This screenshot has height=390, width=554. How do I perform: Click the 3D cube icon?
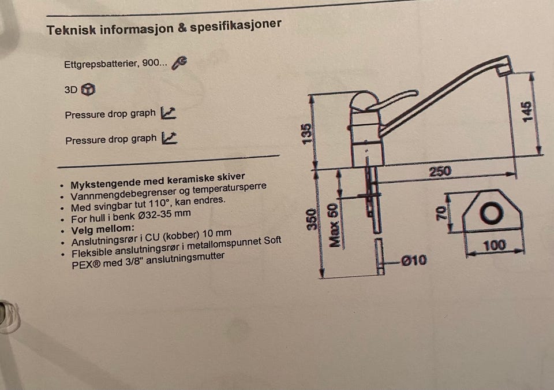(x=88, y=89)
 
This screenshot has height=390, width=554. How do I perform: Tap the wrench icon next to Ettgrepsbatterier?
(x=179, y=63)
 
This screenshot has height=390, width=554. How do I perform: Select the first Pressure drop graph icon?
(x=168, y=113)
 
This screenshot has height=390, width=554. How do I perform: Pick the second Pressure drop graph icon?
(x=169, y=138)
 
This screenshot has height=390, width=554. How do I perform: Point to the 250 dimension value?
(x=440, y=172)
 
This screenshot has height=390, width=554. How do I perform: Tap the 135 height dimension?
(x=307, y=133)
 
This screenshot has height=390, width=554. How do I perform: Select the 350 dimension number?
(x=311, y=219)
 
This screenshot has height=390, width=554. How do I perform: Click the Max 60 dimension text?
(x=334, y=225)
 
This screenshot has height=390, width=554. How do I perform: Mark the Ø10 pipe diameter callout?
(x=414, y=261)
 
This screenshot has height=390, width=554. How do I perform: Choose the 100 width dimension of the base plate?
(x=494, y=245)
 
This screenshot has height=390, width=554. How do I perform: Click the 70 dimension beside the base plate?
(x=441, y=213)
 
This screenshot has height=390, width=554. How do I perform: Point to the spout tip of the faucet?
(x=504, y=69)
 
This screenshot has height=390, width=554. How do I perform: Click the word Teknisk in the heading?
(x=71, y=30)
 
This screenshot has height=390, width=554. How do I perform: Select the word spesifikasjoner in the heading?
(x=235, y=25)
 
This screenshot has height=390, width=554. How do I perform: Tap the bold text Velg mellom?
(x=103, y=229)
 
